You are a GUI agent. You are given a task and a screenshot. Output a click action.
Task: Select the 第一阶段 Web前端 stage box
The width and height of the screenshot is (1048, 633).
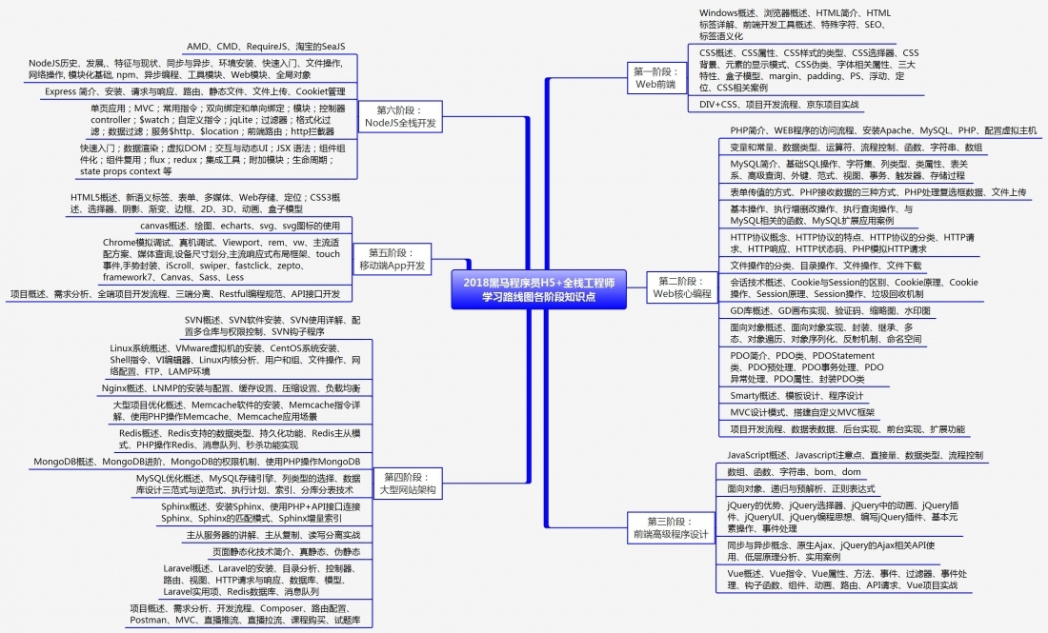tap(655, 78)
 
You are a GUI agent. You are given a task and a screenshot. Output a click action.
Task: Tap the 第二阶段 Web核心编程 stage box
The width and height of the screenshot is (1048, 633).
tap(681, 287)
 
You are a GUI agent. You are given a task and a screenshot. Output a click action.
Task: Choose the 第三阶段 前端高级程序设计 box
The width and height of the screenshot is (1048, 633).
tap(671, 528)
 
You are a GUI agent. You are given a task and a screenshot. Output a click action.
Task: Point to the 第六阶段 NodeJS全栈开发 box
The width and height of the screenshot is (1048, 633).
tap(400, 117)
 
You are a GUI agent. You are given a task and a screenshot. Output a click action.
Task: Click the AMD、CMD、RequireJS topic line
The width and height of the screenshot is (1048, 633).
tap(266, 47)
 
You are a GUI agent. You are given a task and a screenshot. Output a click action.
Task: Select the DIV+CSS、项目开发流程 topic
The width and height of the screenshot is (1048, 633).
tap(778, 104)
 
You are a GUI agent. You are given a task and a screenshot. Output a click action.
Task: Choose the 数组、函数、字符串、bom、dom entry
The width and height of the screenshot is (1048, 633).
tap(794, 472)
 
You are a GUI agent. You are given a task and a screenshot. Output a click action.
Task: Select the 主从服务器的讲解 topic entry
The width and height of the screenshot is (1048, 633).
tap(272, 535)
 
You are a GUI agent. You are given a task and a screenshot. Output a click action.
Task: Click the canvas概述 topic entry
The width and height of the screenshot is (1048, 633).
tap(239, 226)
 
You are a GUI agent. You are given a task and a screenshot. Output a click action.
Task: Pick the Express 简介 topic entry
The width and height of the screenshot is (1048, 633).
tap(194, 91)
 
